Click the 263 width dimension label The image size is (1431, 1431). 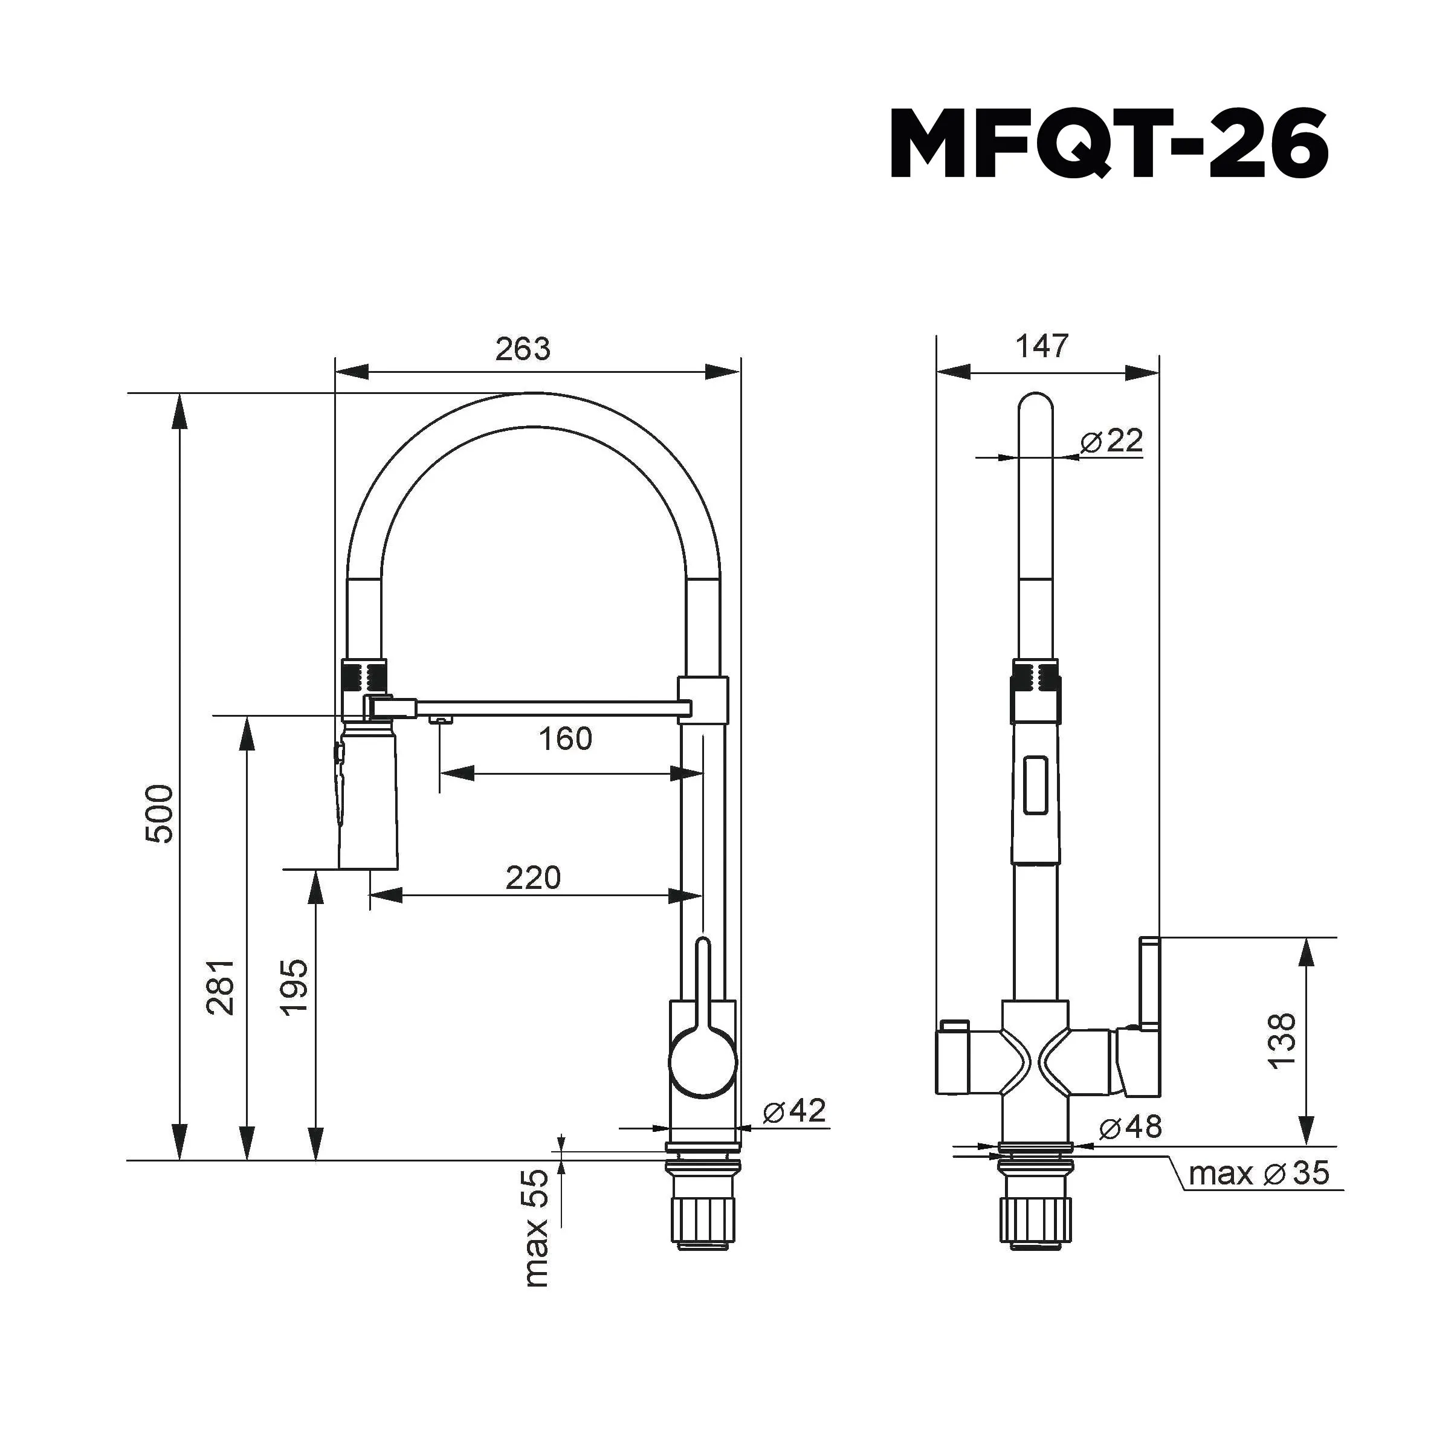(x=523, y=349)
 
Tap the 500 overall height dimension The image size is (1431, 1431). (x=160, y=813)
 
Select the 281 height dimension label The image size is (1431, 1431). (x=221, y=987)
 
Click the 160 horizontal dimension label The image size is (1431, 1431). (x=565, y=738)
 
